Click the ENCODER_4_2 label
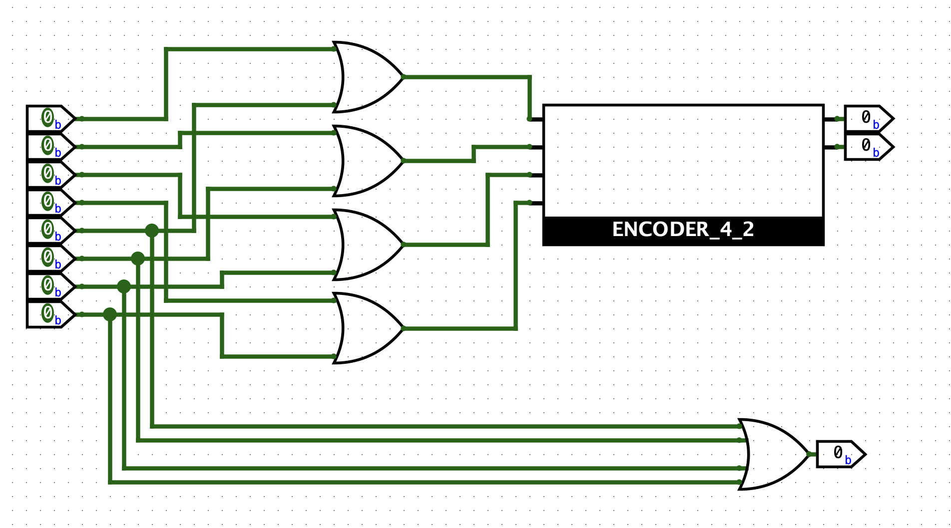(683, 230)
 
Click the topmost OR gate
(367, 77)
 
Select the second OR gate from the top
(367, 161)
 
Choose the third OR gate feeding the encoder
(367, 245)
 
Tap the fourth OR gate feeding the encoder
(367, 328)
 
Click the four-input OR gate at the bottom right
(773, 454)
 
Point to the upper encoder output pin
(868, 119)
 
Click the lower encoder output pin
(868, 147)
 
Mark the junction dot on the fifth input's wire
(152, 231)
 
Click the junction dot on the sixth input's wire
(138, 259)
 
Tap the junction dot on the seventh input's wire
(124, 286)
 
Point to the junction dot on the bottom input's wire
(110, 314)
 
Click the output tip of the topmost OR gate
(403, 77)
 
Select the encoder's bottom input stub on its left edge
(536, 203)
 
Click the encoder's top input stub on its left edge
(536, 119)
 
